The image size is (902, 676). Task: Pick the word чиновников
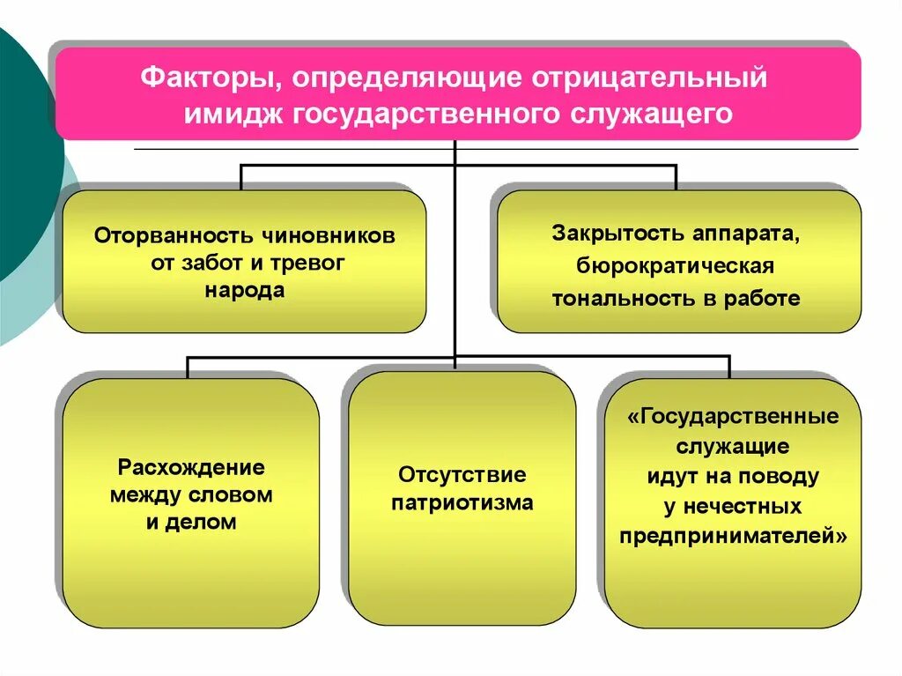(x=327, y=236)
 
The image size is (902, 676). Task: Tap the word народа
(x=245, y=291)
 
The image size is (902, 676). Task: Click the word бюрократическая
(x=676, y=266)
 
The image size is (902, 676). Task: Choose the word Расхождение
(x=191, y=467)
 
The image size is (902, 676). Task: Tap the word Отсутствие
(x=462, y=475)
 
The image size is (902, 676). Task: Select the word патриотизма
(x=462, y=503)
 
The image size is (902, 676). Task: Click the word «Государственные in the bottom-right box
(x=733, y=416)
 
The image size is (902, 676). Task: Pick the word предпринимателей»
(x=733, y=536)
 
